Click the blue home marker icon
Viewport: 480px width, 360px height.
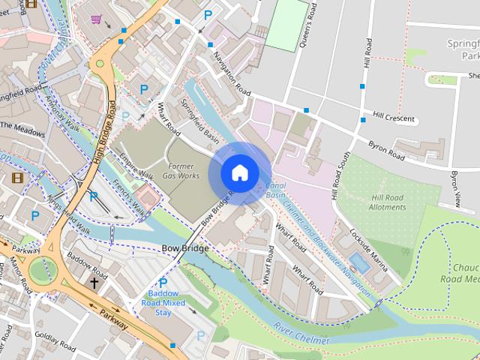pyautogui.click(x=239, y=172)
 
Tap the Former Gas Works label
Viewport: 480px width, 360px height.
pyautogui.click(x=183, y=169)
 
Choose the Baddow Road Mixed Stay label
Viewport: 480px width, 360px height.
pyautogui.click(x=163, y=303)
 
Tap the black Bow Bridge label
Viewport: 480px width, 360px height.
pyautogui.click(x=184, y=247)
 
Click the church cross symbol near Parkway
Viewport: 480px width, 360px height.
pyautogui.click(x=94, y=283)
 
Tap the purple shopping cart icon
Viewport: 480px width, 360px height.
pyautogui.click(x=96, y=19)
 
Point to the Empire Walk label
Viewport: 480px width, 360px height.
pyautogui.click(x=136, y=166)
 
